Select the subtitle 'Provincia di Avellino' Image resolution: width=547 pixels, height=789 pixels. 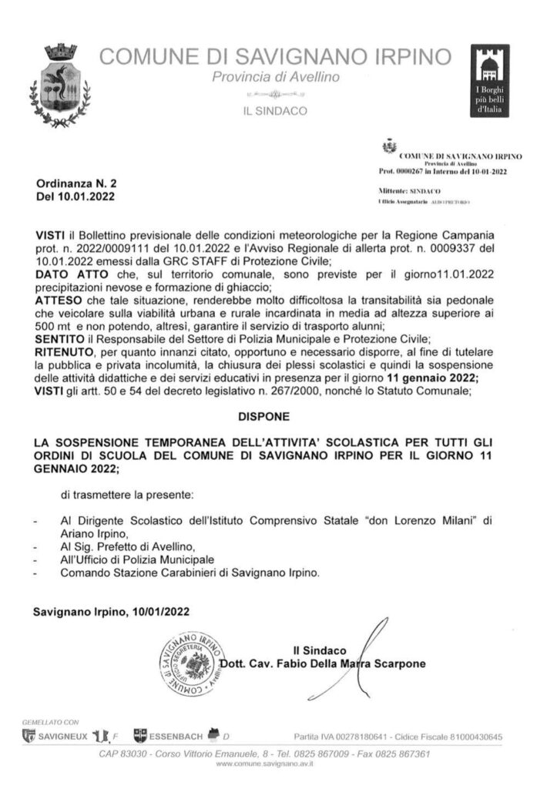pos(275,79)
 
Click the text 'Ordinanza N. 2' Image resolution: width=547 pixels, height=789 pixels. pos(75,185)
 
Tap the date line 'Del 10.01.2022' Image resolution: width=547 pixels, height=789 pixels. pos(75,199)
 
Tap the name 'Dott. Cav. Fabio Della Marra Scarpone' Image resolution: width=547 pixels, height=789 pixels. pos(323,663)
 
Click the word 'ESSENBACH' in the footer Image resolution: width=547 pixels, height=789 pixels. pos(175,737)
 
